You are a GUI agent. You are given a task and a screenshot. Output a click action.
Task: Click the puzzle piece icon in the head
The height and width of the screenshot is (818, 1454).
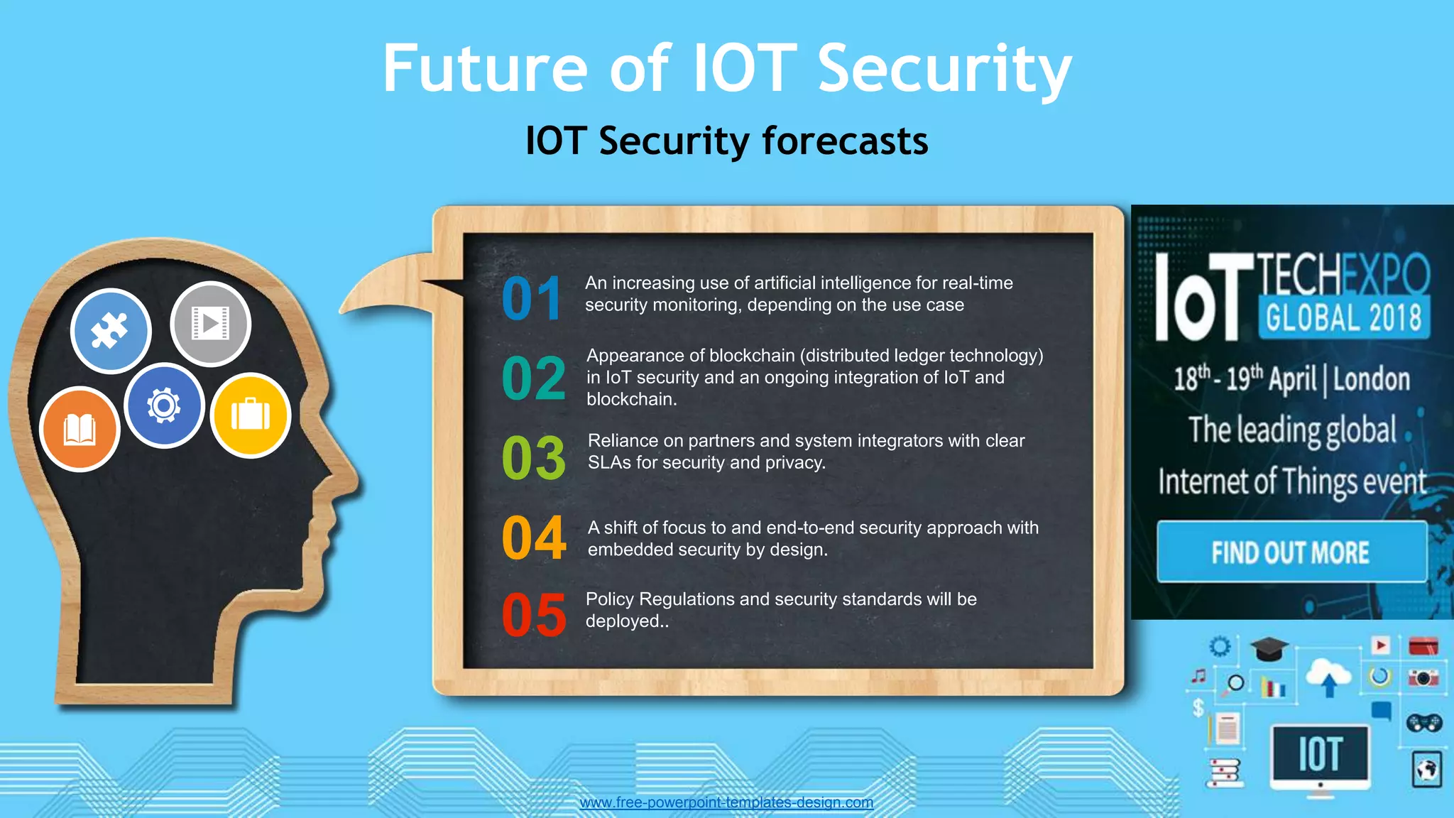[111, 331]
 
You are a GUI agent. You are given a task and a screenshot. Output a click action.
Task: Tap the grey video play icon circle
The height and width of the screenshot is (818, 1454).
[211, 324]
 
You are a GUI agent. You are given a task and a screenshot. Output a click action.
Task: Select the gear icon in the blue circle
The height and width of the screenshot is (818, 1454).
[164, 405]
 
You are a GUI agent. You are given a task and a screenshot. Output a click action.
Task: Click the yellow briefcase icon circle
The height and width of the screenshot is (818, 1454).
[250, 415]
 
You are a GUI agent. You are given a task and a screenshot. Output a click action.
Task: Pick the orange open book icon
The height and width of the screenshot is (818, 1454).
[80, 430]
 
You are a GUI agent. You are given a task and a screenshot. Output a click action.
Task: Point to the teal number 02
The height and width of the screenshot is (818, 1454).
[534, 378]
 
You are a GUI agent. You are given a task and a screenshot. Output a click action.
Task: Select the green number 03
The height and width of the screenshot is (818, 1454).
[534, 457]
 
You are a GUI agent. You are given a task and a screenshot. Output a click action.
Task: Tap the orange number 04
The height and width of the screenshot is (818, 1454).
[534, 538]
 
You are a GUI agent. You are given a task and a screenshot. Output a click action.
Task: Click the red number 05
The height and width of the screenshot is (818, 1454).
[534, 615]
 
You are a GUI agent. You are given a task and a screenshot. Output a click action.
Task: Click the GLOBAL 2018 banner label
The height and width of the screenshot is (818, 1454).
[1343, 317]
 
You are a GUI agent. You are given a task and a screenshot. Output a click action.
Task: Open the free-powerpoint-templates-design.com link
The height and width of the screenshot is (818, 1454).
[726, 802]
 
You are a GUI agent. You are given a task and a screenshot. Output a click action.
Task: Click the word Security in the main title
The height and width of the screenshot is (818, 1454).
[944, 69]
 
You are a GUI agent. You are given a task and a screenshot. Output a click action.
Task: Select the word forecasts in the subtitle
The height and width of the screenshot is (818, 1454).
[845, 141]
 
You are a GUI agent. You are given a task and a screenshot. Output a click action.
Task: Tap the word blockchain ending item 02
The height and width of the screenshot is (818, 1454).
[630, 400]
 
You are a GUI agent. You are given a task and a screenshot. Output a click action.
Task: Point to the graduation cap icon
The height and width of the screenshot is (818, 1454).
[1269, 649]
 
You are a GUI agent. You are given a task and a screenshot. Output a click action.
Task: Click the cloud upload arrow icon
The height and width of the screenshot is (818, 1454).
[1329, 677]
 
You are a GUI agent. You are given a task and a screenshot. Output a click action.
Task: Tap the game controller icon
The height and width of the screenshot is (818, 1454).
[1423, 723]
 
